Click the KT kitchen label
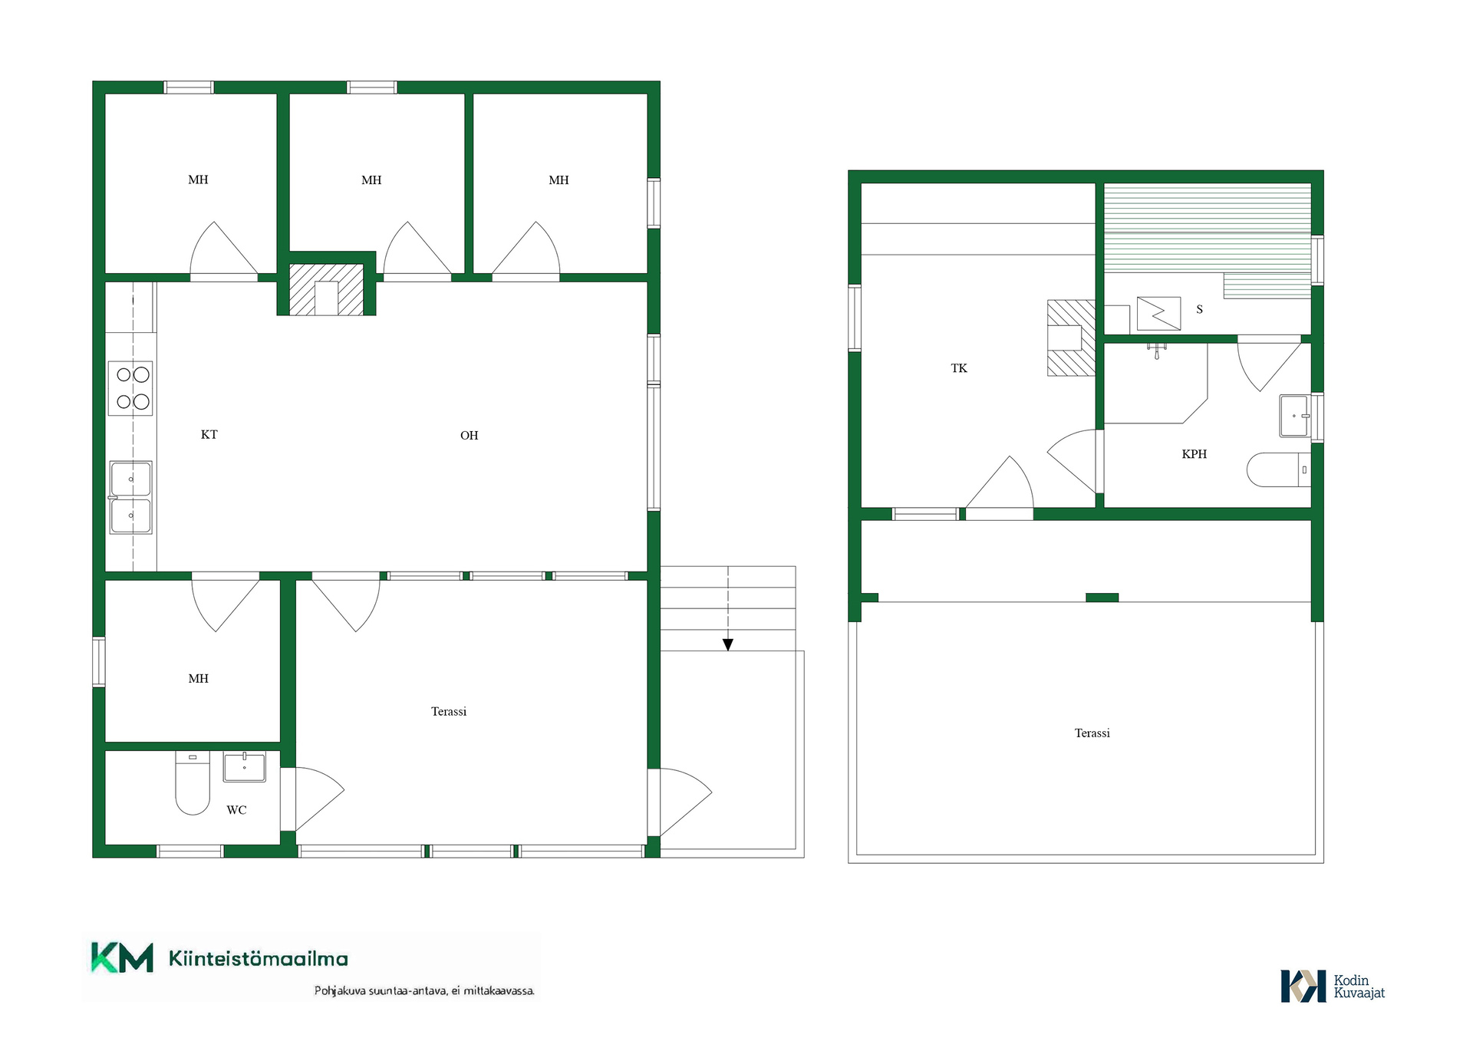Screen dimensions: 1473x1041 coord(209,435)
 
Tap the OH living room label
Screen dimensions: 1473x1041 coord(469,436)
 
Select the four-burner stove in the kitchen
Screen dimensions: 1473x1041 coord(130,388)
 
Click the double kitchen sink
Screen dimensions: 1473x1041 coord(130,497)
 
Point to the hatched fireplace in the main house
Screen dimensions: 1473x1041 coord(326,289)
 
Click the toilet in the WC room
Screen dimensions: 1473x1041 coord(193,782)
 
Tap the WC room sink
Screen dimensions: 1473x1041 coord(245,766)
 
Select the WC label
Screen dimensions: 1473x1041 coord(236,810)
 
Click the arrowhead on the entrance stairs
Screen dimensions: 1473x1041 coord(728,645)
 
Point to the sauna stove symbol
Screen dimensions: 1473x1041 coord(1158,313)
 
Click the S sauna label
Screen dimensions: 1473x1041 coord(1200,309)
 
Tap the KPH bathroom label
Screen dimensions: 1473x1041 coord(1195,454)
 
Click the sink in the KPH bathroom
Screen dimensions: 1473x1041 coord(1295,416)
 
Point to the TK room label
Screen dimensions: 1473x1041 coord(959,368)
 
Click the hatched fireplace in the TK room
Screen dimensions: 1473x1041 coord(1072,338)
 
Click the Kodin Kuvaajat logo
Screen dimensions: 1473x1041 coord(1333,987)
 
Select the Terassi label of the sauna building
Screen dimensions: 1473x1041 coord(1092,733)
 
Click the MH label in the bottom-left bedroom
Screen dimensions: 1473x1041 coord(198,679)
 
